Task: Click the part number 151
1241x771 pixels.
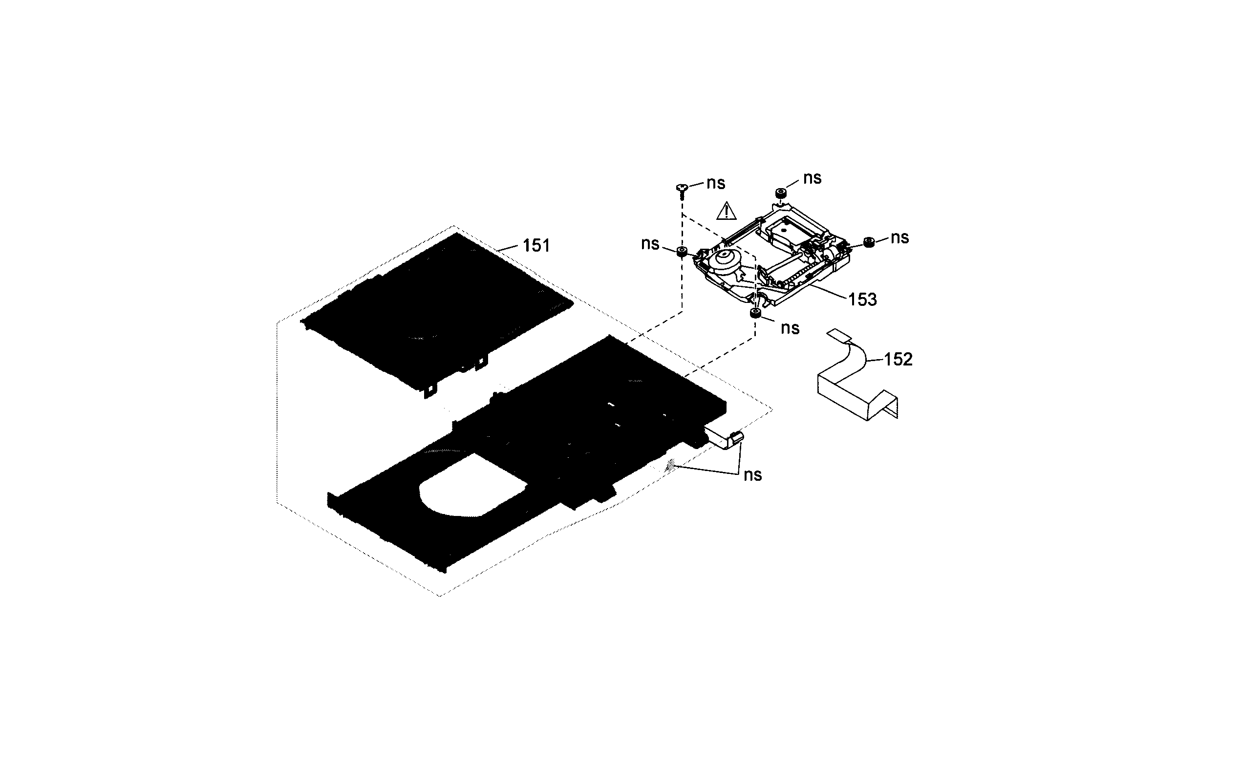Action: pos(536,246)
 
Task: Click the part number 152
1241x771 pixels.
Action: pos(898,360)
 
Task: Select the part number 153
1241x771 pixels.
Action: pos(862,300)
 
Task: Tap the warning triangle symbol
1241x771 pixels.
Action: pos(726,211)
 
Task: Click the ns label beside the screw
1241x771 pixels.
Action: pos(715,183)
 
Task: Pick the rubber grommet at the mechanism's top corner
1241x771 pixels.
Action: pos(780,192)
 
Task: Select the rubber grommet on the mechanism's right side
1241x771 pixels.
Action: pos(869,242)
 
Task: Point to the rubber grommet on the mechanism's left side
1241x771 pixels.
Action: pos(681,251)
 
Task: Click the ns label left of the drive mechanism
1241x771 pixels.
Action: pos(650,244)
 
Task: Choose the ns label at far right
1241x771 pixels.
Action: pos(899,237)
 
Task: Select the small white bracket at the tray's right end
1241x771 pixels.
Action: pos(879,440)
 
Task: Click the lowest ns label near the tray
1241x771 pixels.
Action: pos(752,475)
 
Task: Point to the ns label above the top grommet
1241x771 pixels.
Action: pos(812,178)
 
